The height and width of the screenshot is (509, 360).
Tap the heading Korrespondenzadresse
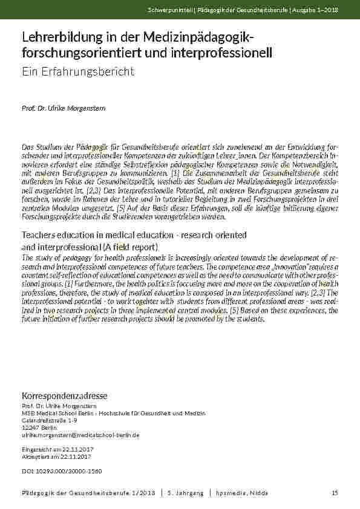pyautogui.click(x=64, y=395)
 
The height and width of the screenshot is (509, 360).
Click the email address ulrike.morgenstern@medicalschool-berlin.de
pyautogui.click(x=80, y=435)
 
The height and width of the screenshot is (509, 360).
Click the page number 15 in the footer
pyautogui.click(x=335, y=493)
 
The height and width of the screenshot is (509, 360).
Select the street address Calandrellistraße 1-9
pyautogui.click(x=50, y=420)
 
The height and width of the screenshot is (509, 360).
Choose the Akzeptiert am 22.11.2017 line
pyautogui.click(x=55, y=457)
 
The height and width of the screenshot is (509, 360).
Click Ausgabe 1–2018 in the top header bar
pyautogui.click(x=319, y=10)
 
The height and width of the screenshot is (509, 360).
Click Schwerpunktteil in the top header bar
pyautogui.click(x=167, y=10)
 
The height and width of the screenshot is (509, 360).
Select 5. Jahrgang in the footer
pyautogui.click(x=185, y=493)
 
